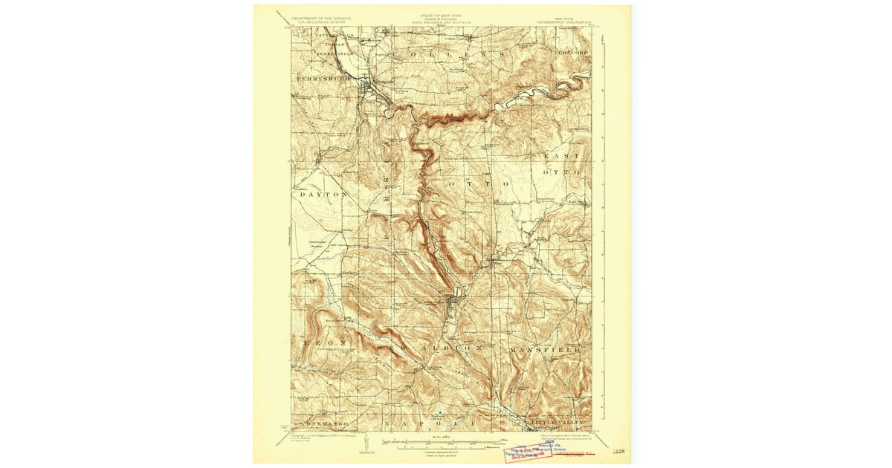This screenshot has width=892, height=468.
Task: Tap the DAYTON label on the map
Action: click(x=323, y=194)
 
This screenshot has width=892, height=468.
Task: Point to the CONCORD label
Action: click(x=574, y=53)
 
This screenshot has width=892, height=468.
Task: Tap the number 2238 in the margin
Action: click(x=618, y=450)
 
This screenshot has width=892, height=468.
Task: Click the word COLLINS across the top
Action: click(x=450, y=55)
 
